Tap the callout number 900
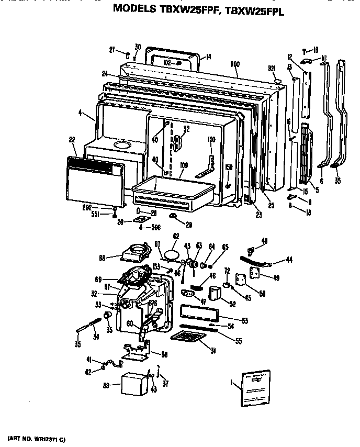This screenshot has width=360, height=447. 234,64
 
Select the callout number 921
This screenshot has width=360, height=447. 271,69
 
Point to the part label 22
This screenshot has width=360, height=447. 72,139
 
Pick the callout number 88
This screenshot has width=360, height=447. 102,258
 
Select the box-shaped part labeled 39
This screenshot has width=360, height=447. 134,385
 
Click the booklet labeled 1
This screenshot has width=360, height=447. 254,387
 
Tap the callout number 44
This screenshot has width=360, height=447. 289,259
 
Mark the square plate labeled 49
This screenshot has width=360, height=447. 254,272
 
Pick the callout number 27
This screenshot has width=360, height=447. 112,50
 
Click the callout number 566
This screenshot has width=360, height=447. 155,227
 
